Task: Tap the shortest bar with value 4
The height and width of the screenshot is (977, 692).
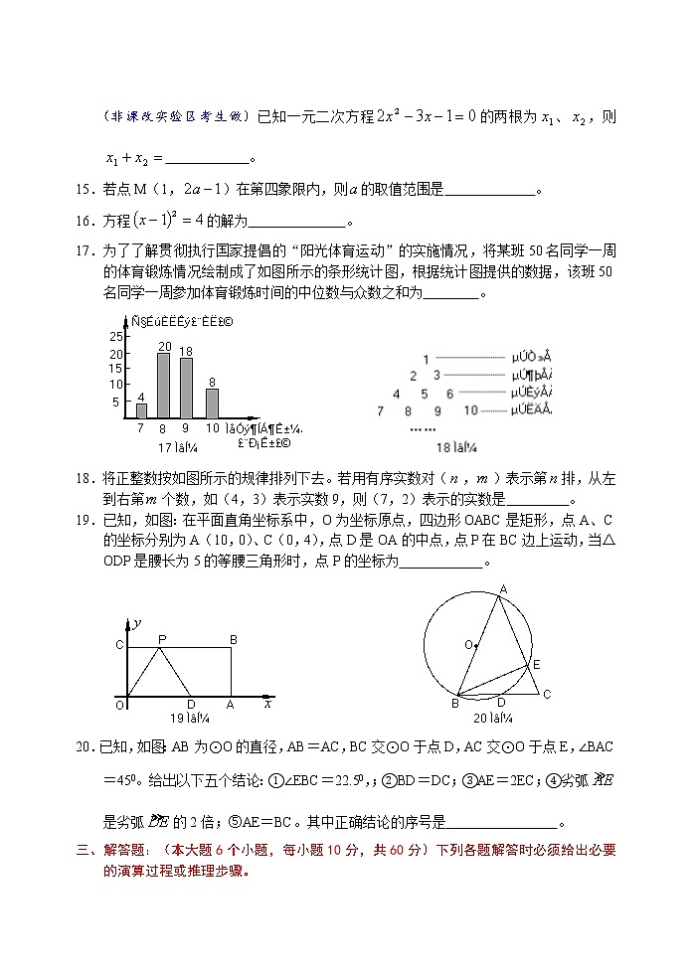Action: coord(141,410)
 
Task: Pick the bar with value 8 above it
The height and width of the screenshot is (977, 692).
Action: coord(212,403)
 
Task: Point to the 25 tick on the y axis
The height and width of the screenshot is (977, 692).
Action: coord(115,337)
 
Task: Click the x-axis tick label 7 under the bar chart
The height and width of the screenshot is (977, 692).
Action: coord(140,427)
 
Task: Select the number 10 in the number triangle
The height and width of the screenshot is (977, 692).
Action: coord(471,409)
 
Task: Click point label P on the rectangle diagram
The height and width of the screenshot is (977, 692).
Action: coord(161,639)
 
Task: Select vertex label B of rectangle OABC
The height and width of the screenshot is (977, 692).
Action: coord(233,639)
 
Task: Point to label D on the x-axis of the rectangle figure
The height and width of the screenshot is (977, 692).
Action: coord(191,704)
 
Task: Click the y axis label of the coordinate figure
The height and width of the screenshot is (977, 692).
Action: coord(136,622)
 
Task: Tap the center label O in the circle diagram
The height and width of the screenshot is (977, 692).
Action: coord(467,644)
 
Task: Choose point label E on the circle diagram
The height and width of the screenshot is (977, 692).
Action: coord(536,663)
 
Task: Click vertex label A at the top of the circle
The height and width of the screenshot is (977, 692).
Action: coord(503,589)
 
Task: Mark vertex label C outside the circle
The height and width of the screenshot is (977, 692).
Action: coord(546,694)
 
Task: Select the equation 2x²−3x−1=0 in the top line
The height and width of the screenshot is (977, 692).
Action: coord(412,117)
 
